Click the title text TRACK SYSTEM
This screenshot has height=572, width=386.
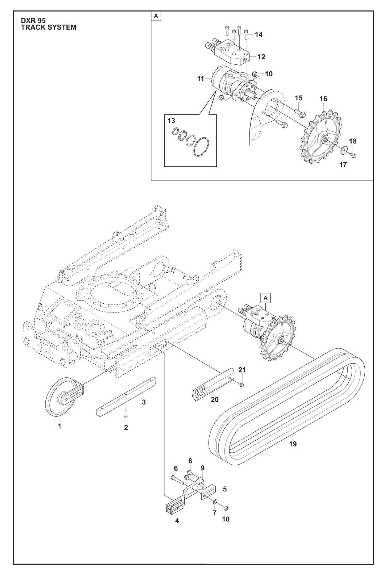click(x=49, y=27)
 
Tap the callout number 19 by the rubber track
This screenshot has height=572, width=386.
click(x=293, y=444)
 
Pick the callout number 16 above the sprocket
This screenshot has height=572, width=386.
click(x=323, y=99)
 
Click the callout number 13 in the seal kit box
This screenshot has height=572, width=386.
click(x=171, y=121)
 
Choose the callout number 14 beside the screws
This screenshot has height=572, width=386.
click(x=258, y=34)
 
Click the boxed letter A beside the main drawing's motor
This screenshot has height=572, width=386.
click(x=265, y=298)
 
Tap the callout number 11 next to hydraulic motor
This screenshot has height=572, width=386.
click(x=200, y=79)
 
